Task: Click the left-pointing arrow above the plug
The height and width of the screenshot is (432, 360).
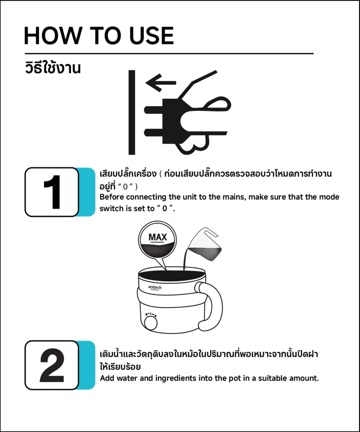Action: tap(161, 83)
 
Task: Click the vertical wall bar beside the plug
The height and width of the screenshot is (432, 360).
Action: tap(132, 112)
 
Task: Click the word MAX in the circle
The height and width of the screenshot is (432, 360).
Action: tap(158, 237)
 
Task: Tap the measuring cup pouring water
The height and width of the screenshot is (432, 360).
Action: tap(204, 244)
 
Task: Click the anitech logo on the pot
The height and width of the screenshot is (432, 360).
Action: tap(155, 288)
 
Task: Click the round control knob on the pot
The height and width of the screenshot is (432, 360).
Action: tap(151, 323)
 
